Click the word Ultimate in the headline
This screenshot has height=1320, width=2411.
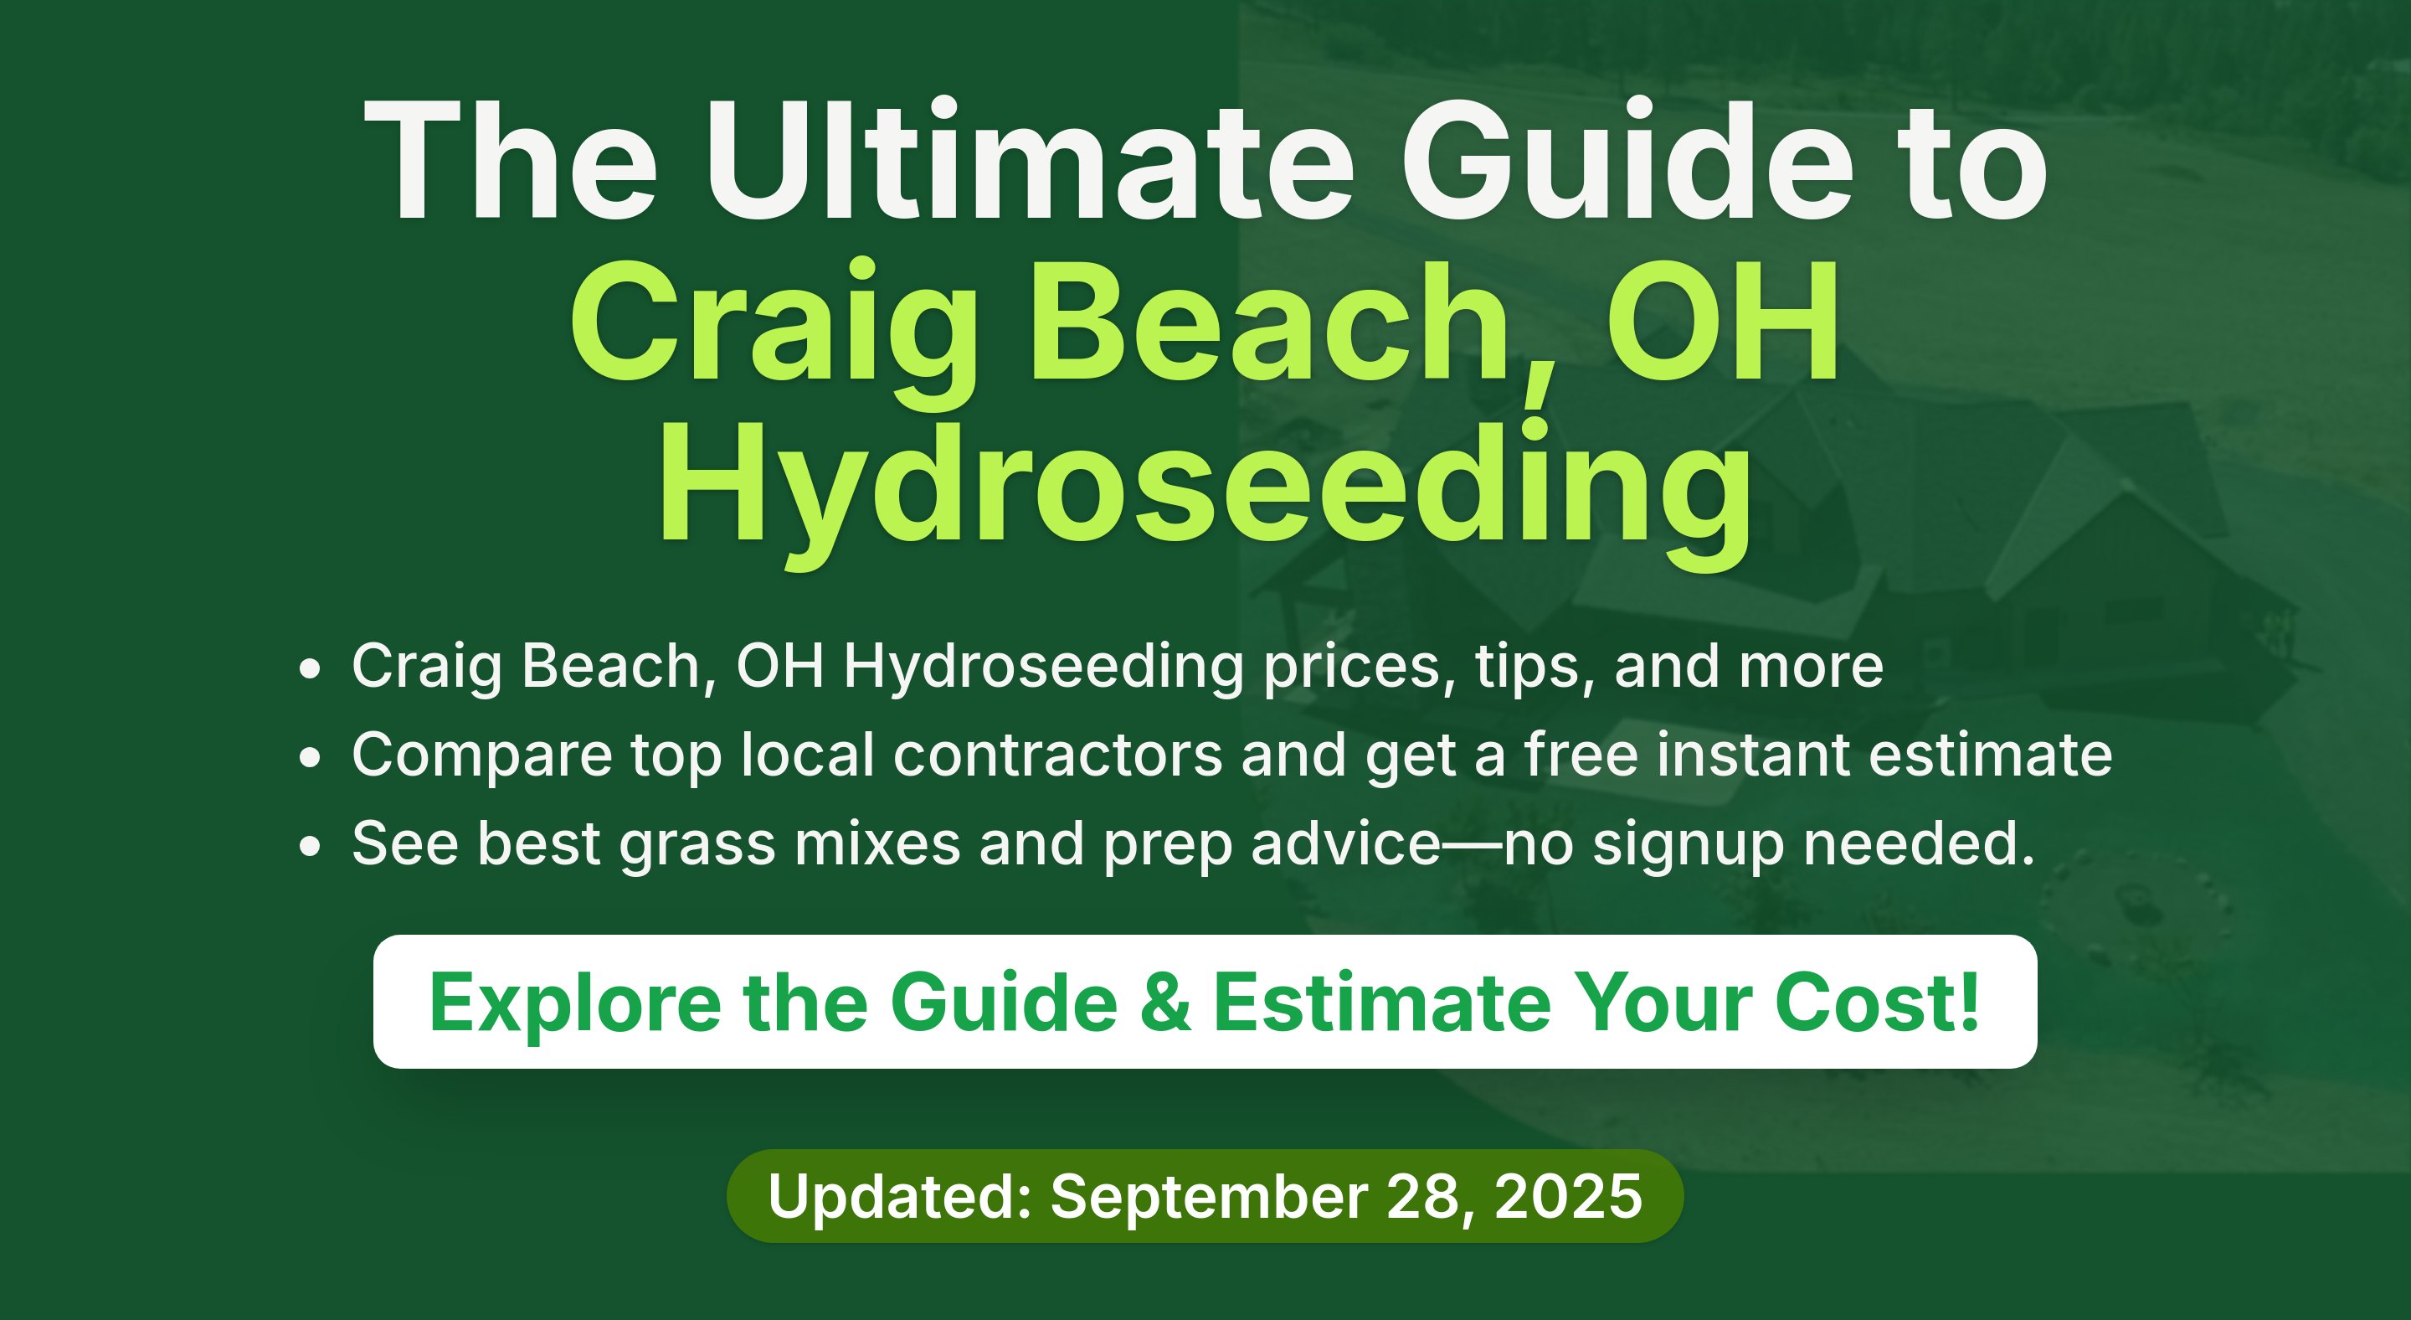pos(1030,160)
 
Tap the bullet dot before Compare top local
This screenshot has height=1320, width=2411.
pos(310,757)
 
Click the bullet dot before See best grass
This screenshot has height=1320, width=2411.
pos(310,846)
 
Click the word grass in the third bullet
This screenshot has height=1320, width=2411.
pos(697,846)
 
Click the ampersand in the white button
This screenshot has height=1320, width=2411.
pos(1166,1003)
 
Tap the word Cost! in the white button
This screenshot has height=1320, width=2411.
pos(1878,1003)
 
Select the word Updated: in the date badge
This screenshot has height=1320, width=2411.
pos(899,1196)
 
